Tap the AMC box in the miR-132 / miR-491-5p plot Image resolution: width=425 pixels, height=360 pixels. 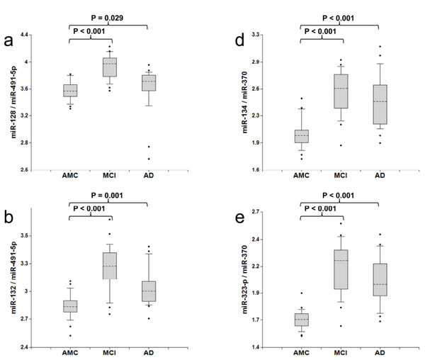[70, 306]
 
